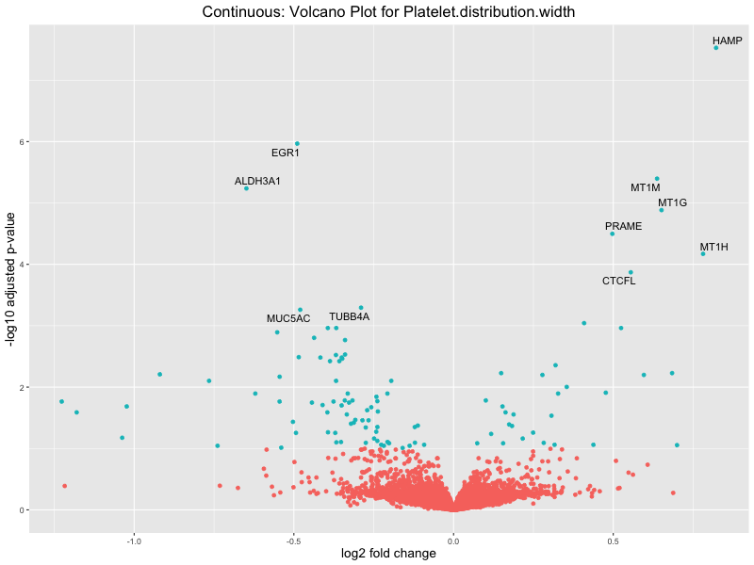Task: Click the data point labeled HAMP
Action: [x=716, y=47]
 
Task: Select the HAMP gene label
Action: [x=727, y=40]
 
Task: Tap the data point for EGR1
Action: [x=297, y=144]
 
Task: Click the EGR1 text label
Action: [x=286, y=153]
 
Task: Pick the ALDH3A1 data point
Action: [x=246, y=188]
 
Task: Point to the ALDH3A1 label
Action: [x=257, y=181]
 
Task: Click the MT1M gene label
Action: [x=646, y=188]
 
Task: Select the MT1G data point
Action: [x=661, y=210]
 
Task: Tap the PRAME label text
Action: [x=623, y=227]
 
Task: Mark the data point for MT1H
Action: [x=703, y=253]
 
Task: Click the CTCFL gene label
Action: [x=618, y=282]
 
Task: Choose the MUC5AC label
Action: [x=288, y=319]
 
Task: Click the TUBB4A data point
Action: [x=361, y=308]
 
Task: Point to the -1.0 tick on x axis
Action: [x=134, y=541]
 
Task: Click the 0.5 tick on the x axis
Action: [x=614, y=541]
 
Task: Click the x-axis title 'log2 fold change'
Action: [x=388, y=554]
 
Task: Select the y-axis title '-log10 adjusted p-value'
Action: [x=10, y=282]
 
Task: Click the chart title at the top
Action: [x=388, y=12]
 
